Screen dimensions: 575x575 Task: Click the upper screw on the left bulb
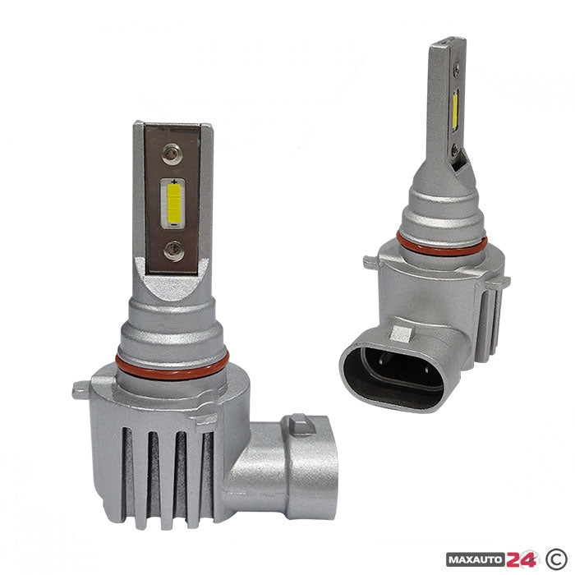pos(172,154)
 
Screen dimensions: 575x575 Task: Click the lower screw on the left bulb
pos(173,251)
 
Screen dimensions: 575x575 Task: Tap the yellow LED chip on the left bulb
pos(173,202)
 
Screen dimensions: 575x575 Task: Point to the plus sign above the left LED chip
pos(174,182)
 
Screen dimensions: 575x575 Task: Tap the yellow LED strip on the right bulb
pos(455,111)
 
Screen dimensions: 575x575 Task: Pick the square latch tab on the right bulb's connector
pos(402,333)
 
